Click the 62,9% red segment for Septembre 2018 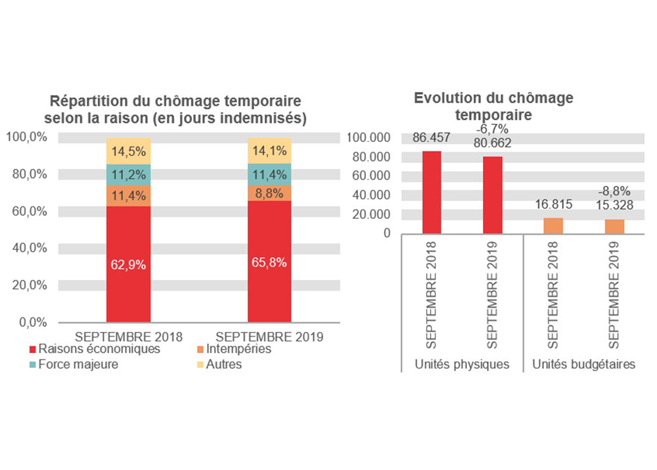[x=129, y=265]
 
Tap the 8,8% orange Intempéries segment [x=269, y=193]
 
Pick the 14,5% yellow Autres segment [x=129, y=151]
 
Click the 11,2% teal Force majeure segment [x=129, y=174]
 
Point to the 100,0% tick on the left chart [x=27, y=137]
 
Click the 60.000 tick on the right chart [x=373, y=176]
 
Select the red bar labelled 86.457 [x=432, y=192]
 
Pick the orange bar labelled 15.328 [x=614, y=226]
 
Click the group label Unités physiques [x=462, y=364]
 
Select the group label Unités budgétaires [x=583, y=364]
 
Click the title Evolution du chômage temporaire [x=493, y=106]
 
